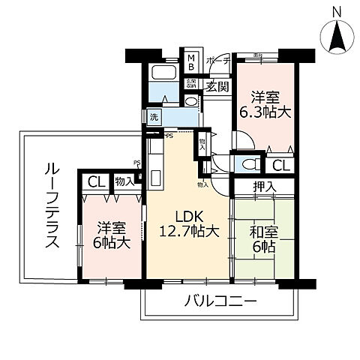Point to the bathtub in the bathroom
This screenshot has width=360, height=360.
point(163,74)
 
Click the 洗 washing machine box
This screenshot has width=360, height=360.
point(154,117)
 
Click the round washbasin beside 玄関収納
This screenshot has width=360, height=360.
point(190,101)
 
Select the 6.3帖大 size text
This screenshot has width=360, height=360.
point(265,113)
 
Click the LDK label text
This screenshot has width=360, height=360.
point(186,211)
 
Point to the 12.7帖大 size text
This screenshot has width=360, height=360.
point(187,231)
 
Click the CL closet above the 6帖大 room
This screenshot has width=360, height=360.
point(94,181)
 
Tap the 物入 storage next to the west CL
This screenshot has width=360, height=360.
point(124,181)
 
